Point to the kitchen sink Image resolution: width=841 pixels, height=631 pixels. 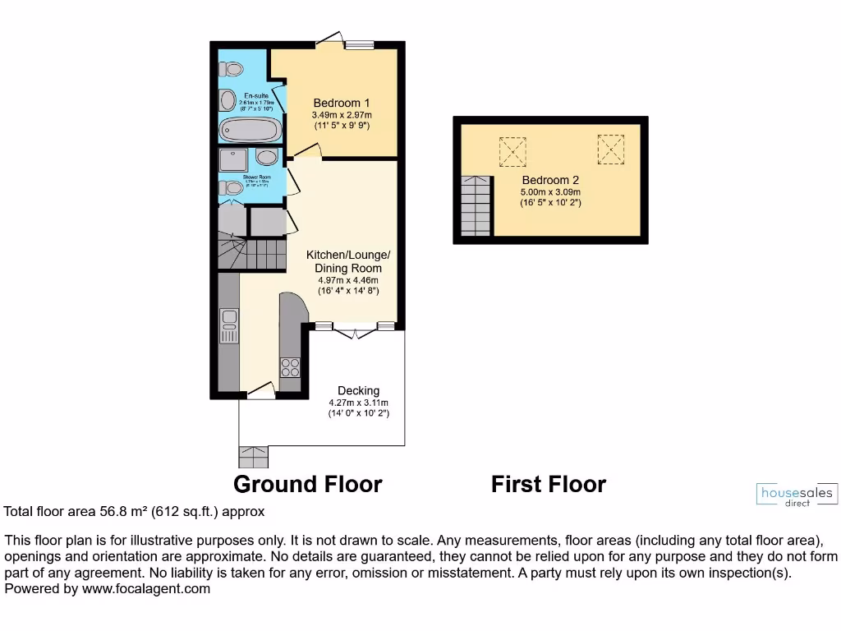(x=229, y=325)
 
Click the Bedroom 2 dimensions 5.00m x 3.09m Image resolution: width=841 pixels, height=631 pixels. (x=549, y=192)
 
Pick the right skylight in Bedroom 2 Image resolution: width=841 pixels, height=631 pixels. (x=610, y=150)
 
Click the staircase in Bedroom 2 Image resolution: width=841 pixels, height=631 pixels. (x=476, y=205)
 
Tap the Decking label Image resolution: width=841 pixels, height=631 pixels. (x=359, y=390)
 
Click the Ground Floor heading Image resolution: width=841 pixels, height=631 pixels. (x=307, y=484)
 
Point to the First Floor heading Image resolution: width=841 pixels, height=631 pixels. (x=548, y=484)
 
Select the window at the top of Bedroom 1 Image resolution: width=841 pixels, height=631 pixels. (x=359, y=44)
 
